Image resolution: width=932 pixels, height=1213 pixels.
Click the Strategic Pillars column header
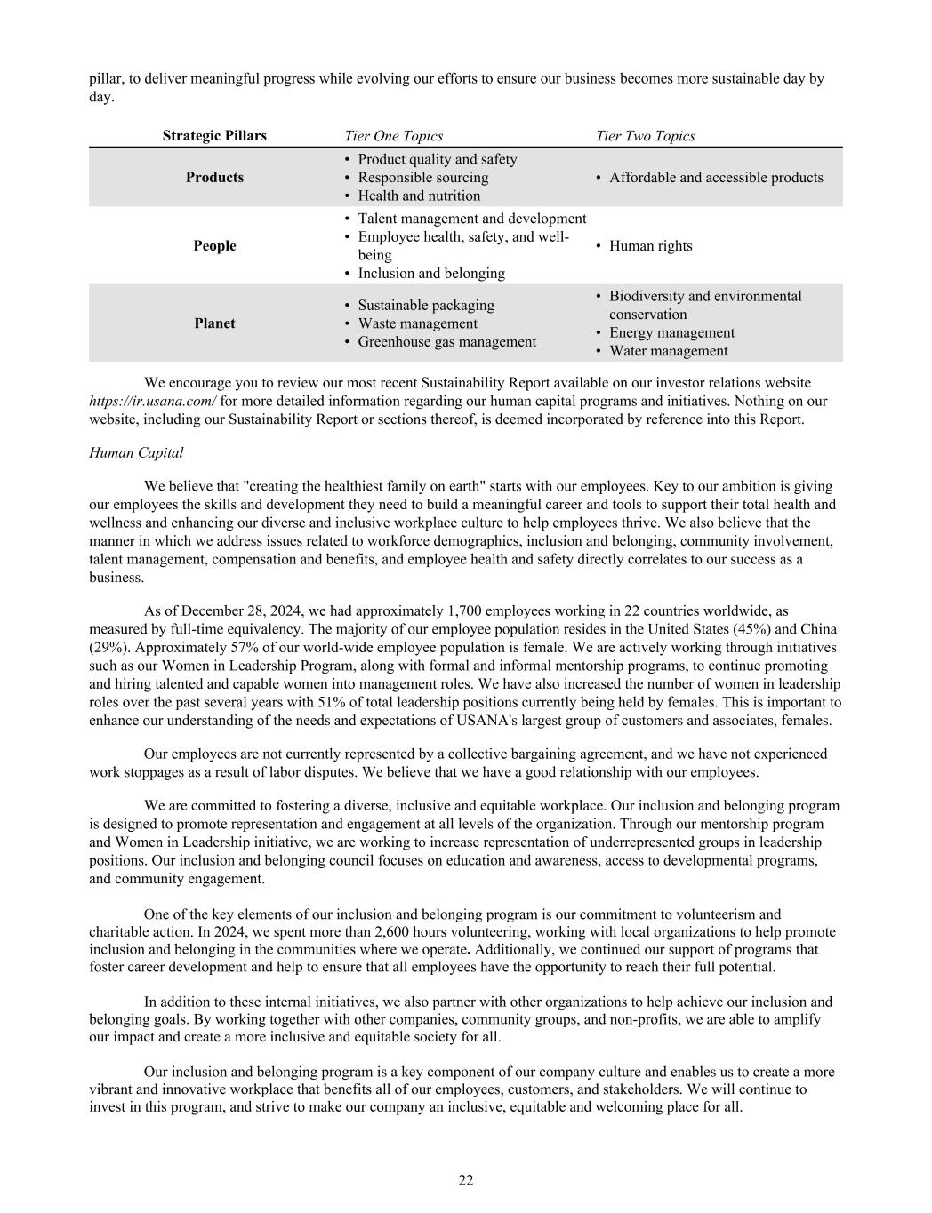click(x=214, y=136)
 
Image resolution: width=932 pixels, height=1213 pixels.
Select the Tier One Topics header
click(x=393, y=136)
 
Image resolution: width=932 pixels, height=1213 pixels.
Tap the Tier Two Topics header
click(x=645, y=136)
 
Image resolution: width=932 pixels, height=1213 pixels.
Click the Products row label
click(x=214, y=178)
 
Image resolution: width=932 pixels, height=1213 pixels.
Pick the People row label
click(x=214, y=246)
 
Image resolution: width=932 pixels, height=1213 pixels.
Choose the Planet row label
click(x=214, y=323)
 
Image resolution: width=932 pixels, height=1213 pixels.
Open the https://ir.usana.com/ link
click(x=152, y=402)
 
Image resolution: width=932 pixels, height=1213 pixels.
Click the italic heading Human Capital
click(x=136, y=453)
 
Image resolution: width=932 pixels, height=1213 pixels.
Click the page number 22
click(x=466, y=1180)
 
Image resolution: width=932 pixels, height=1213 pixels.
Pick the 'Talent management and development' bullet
click(x=471, y=219)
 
